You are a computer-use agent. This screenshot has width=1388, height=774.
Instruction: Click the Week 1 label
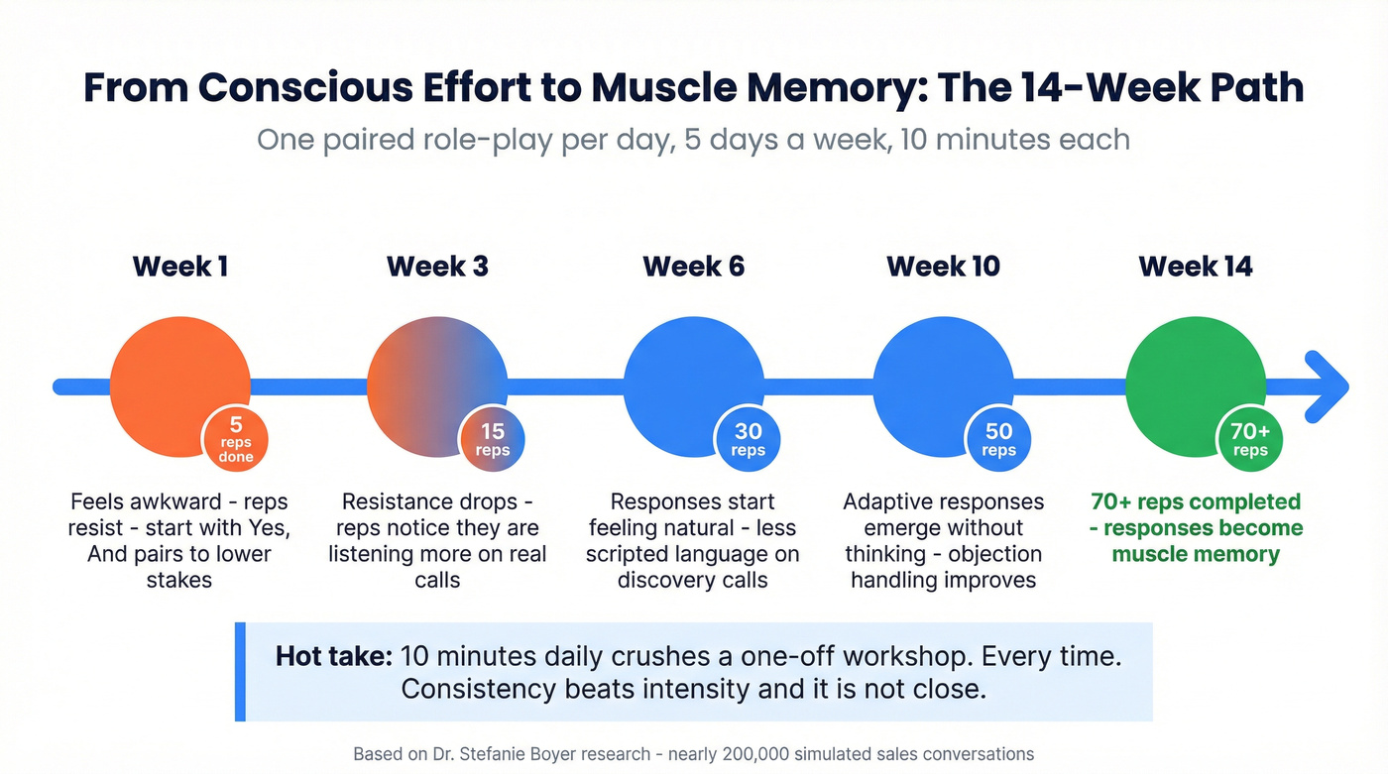179,267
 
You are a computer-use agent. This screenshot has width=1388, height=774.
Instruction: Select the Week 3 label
437,267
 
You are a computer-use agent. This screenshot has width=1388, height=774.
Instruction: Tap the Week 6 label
693,267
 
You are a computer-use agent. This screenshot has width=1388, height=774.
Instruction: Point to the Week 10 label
943,267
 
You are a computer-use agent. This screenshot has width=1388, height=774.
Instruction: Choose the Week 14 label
1196,267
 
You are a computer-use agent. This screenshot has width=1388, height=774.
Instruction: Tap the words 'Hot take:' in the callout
334,656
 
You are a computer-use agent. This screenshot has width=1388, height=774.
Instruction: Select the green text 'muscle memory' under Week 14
1196,554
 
